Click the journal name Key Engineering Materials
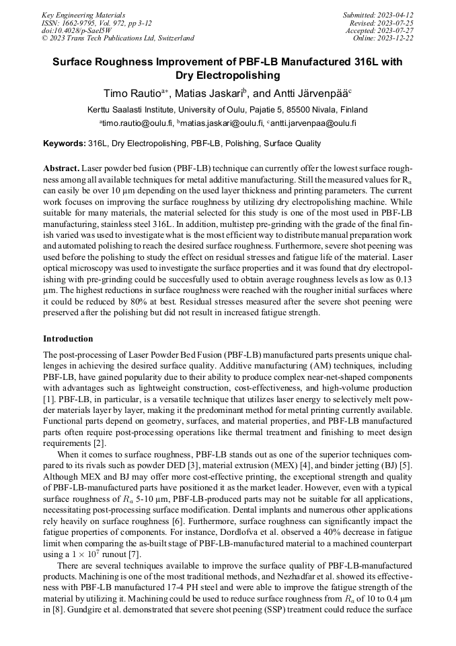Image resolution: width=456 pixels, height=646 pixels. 83,14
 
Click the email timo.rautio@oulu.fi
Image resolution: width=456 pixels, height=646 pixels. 138,124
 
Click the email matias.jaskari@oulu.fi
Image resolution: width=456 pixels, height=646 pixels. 223,124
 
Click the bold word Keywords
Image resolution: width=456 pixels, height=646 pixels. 64,143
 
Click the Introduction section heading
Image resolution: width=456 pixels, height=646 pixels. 68,338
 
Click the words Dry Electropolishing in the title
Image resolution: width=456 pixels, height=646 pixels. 227,75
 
